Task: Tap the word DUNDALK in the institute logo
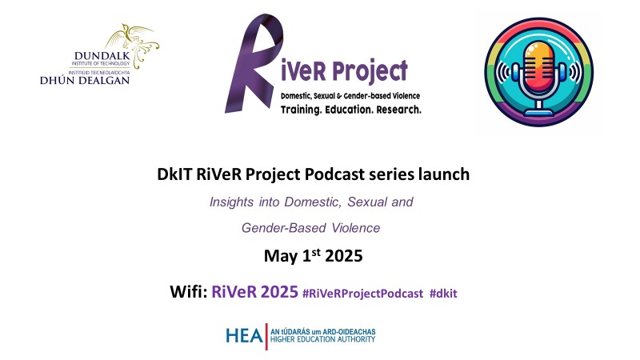coord(102,56)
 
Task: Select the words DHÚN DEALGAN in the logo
coord(85,81)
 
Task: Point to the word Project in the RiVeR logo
coord(370,71)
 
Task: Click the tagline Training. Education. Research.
coord(351,110)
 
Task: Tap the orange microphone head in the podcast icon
coord(539,68)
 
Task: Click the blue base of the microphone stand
coord(539,112)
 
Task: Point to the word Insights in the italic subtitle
coord(231,202)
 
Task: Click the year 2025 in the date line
coord(344,256)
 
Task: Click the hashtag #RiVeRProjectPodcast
coord(362,294)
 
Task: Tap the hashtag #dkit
coord(443,294)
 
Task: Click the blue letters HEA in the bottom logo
coord(244,336)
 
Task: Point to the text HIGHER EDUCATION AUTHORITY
coord(323,339)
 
